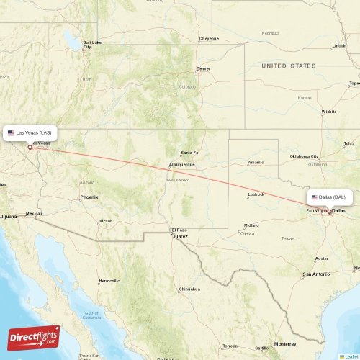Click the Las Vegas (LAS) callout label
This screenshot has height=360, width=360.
pos(30,133)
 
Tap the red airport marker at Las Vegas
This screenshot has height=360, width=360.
pos(30,148)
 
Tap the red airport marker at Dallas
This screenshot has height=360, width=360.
pos(330,212)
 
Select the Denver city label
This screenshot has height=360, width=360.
pos(203,69)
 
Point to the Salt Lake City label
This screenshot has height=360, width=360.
pos(91,45)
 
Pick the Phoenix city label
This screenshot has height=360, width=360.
pos(89,197)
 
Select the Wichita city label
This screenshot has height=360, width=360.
pos(329,112)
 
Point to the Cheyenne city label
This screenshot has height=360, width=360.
pos(209,38)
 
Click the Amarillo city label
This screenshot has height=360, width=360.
pos(256,162)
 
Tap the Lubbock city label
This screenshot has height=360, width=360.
pos(256,194)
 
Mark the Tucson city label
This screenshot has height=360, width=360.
pos(106,221)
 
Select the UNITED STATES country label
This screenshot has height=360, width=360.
pos(288,66)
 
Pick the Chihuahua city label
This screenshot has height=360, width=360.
pos(188,289)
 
